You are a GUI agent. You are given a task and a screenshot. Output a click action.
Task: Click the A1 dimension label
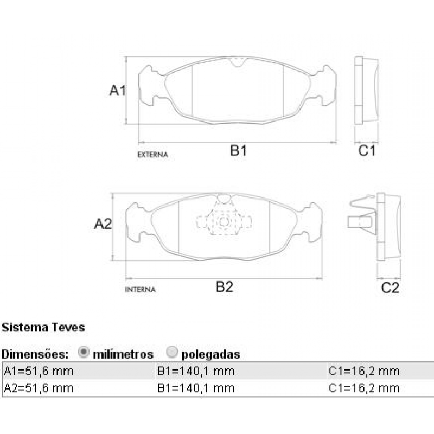[x=117, y=90]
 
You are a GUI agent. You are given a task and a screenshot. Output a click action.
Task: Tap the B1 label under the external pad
[x=238, y=151]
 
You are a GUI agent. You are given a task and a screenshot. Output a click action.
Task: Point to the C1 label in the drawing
[x=367, y=151]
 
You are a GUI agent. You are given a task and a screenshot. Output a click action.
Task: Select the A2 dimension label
[x=103, y=224]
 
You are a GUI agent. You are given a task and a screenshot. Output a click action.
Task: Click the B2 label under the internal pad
[x=224, y=287]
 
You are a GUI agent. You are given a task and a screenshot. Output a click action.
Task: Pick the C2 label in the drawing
[x=390, y=288]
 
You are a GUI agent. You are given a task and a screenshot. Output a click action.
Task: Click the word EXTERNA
[x=153, y=155]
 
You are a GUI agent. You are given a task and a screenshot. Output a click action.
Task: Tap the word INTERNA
[x=141, y=290]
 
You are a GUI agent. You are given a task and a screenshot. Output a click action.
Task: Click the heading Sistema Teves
[x=43, y=328]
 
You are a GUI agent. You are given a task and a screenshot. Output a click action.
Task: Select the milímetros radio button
[x=84, y=353]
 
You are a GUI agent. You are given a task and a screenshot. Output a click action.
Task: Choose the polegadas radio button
[x=172, y=353]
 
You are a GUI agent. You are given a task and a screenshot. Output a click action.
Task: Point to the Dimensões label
[x=35, y=354]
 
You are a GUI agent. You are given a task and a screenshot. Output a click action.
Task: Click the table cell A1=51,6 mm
[x=39, y=372]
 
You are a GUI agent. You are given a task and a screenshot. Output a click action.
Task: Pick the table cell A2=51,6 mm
[x=39, y=388]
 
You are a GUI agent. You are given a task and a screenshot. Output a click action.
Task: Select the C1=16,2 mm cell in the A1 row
[x=364, y=372]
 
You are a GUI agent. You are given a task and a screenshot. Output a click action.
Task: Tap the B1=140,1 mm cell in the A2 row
[x=196, y=388]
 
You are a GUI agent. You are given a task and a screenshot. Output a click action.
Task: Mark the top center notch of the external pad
[x=237, y=62]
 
